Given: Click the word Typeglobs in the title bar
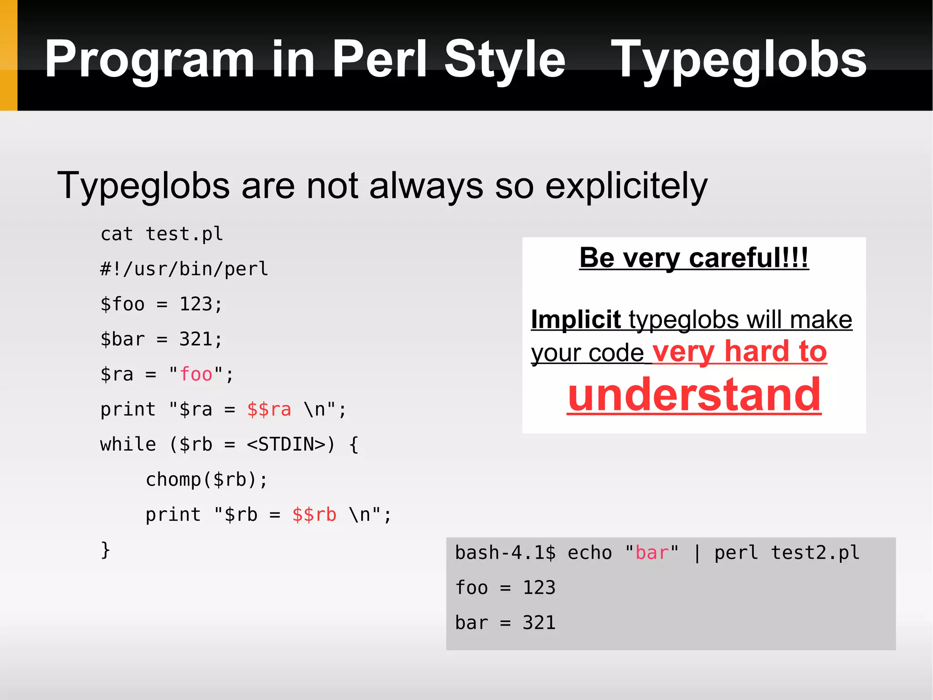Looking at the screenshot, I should pyautogui.click(x=738, y=59).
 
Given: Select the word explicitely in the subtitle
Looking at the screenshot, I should pyautogui.click(x=626, y=186).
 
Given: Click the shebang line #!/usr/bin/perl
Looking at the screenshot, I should pyautogui.click(x=184, y=269).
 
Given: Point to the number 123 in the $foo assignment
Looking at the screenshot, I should pyautogui.click(x=195, y=304).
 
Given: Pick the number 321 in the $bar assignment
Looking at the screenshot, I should pyautogui.click(x=195, y=339).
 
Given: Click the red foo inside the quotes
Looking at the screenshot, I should pyautogui.click(x=196, y=374).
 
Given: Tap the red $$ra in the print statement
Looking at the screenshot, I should pyautogui.click(x=269, y=410).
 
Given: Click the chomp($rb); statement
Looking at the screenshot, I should pyautogui.click(x=206, y=480).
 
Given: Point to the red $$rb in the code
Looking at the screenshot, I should pyautogui.click(x=314, y=515).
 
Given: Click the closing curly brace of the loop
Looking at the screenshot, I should pyautogui.click(x=105, y=550).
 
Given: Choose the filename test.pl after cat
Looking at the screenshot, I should pyautogui.click(x=184, y=234).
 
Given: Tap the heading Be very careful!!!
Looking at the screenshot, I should pyautogui.click(x=694, y=258).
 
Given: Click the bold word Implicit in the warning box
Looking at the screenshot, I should pyautogui.click(x=576, y=319).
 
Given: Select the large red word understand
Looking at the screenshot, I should pyautogui.click(x=694, y=395).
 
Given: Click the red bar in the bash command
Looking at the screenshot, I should pyautogui.click(x=651, y=553).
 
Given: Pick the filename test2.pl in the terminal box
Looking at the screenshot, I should pyautogui.click(x=815, y=553).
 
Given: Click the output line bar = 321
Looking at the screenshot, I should pyautogui.click(x=505, y=623).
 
